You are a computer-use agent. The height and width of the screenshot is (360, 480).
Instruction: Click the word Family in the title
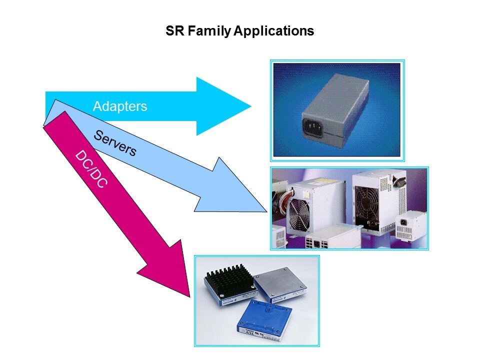click(209, 31)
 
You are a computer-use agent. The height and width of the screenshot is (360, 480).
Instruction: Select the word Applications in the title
click(274, 31)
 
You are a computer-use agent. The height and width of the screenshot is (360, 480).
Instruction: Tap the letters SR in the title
click(175, 31)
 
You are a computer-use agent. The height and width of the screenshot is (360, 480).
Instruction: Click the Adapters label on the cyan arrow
click(120, 106)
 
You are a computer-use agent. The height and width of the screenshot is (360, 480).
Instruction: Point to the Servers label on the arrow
click(115, 143)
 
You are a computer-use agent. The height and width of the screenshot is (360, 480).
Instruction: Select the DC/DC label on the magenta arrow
click(91, 168)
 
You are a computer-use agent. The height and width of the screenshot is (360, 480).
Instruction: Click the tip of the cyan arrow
click(251, 106)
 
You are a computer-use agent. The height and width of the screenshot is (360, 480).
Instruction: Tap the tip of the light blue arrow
click(266, 211)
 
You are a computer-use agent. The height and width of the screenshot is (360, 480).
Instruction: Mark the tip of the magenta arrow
click(190, 297)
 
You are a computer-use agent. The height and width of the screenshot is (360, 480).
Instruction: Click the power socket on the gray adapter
click(313, 126)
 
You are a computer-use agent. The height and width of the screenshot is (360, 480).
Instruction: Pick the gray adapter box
click(335, 109)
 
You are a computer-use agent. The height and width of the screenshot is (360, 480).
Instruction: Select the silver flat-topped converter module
click(280, 284)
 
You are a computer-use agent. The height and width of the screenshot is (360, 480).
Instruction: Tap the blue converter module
click(264, 320)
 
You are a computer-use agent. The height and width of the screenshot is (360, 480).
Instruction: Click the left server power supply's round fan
click(299, 214)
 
